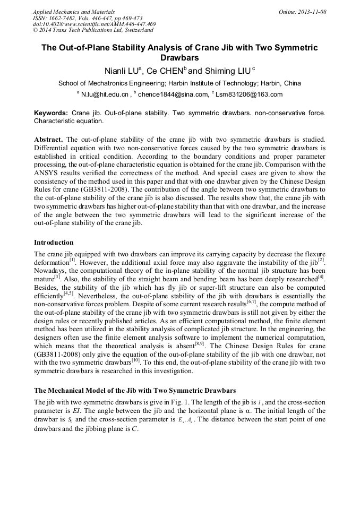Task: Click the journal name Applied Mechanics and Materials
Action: click(74, 11)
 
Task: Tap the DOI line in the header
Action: click(94, 24)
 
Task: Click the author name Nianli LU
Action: click(122, 70)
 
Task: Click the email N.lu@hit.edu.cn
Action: click(105, 94)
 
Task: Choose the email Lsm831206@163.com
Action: click(249, 94)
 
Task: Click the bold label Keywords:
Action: click(51, 113)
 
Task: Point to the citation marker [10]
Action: click(135, 360)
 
